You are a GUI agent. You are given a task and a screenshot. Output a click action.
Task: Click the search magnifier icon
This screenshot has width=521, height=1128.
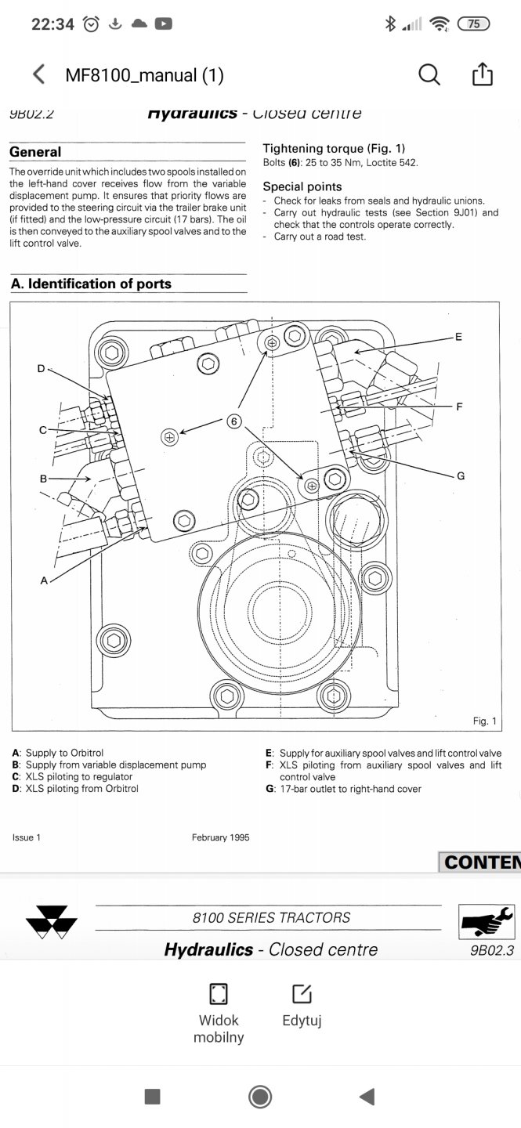pyautogui.click(x=429, y=74)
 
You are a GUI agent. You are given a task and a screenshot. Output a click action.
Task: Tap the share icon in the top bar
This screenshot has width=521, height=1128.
pyautogui.click(x=482, y=74)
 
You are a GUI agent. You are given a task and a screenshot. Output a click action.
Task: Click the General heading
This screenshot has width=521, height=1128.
pyautogui.click(x=35, y=152)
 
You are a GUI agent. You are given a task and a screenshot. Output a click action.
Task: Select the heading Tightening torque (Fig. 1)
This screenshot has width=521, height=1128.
pyautogui.click(x=334, y=149)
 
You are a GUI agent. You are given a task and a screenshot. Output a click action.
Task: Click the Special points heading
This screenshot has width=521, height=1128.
pyautogui.click(x=302, y=186)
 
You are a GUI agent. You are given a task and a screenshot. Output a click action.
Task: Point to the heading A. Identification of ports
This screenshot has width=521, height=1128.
pyautogui.click(x=91, y=284)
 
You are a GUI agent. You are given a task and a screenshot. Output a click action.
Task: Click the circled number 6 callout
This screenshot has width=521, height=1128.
pyautogui.click(x=233, y=421)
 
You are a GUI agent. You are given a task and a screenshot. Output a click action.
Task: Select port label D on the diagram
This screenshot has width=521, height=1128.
pyautogui.click(x=41, y=368)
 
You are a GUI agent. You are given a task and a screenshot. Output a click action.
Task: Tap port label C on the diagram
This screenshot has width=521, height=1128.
pyautogui.click(x=43, y=430)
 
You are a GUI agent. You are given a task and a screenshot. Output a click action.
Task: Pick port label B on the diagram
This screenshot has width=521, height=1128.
pyautogui.click(x=43, y=478)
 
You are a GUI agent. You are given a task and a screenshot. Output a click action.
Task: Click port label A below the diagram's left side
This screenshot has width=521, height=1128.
pyautogui.click(x=44, y=580)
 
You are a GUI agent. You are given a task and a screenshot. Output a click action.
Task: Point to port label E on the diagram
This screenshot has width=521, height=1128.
pyautogui.click(x=458, y=337)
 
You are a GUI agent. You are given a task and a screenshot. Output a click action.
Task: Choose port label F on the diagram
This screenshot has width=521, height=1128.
pyautogui.click(x=460, y=407)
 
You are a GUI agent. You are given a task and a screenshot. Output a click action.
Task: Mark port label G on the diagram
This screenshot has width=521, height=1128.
pyautogui.click(x=461, y=475)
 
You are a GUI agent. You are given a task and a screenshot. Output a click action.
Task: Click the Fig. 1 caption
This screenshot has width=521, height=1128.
pyautogui.click(x=484, y=721)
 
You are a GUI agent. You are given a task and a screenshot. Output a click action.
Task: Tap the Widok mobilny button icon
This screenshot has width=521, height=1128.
pyautogui.click(x=219, y=994)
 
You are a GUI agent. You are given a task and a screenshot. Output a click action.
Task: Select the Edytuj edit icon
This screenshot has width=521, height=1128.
pyautogui.click(x=302, y=994)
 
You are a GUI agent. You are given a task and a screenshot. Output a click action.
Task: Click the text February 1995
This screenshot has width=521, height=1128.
pyautogui.click(x=220, y=837)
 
